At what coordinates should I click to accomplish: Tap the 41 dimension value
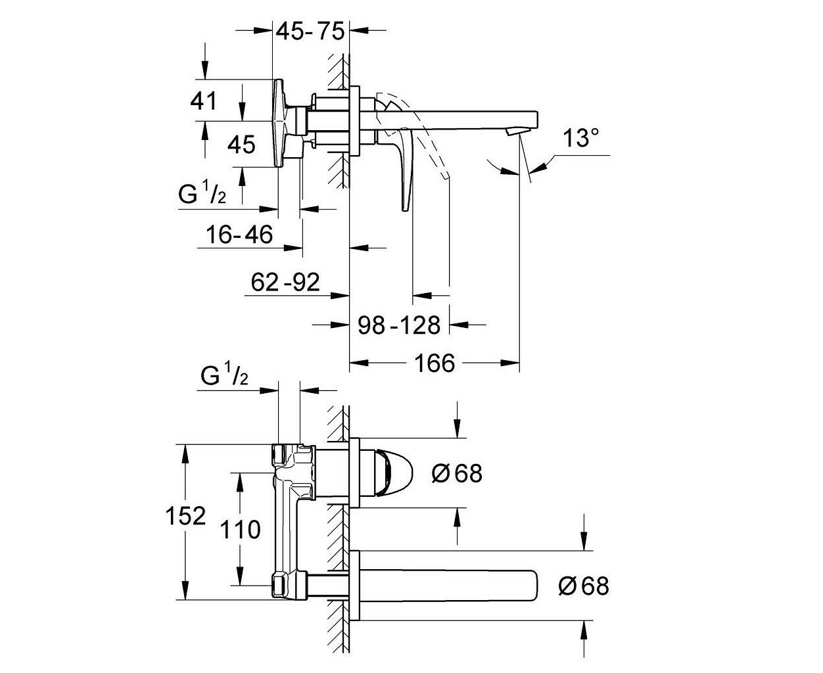pos(203,101)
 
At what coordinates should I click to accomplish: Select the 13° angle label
pos(581,138)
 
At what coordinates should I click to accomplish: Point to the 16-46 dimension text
pos(239,235)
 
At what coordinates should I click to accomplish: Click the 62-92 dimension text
pos(285,282)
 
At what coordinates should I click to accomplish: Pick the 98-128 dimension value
pos(399,325)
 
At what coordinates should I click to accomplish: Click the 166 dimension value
pos(435,363)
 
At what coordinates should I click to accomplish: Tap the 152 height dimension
pos(185,516)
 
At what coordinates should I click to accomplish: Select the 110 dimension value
pos(241,530)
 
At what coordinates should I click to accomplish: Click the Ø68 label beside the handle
pos(457,473)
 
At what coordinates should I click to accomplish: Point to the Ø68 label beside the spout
pos(584,586)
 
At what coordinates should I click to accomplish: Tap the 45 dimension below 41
pos(241,145)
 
